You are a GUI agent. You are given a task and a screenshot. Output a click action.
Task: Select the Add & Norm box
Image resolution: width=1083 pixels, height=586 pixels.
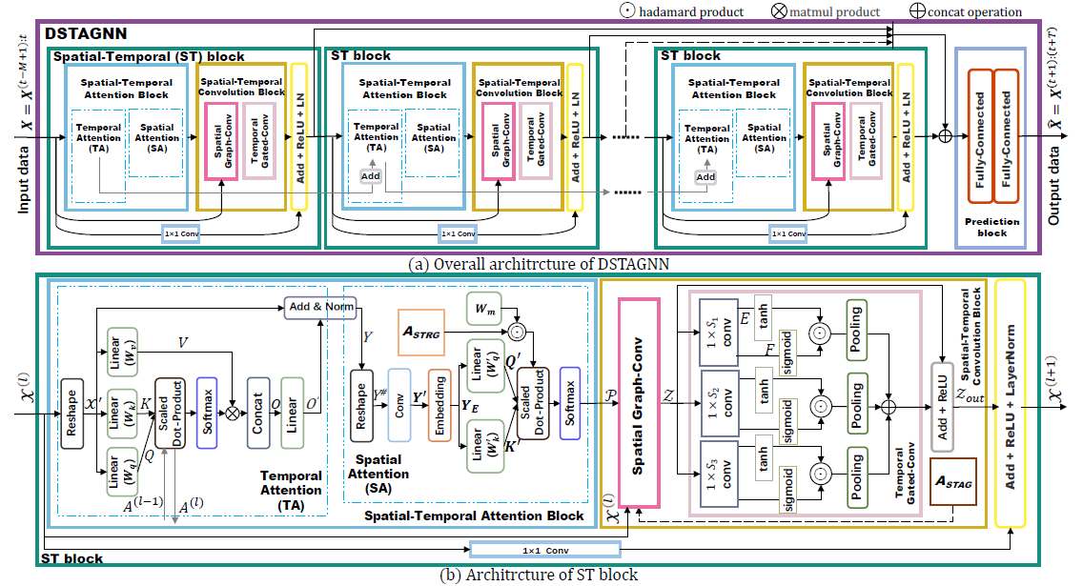pyautogui.click(x=322, y=306)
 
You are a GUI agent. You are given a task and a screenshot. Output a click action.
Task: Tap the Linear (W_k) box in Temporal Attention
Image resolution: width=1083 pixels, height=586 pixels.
pyautogui.click(x=121, y=407)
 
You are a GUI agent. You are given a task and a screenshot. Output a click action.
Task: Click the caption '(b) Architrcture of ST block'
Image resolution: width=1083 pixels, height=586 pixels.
pyautogui.click(x=541, y=575)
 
